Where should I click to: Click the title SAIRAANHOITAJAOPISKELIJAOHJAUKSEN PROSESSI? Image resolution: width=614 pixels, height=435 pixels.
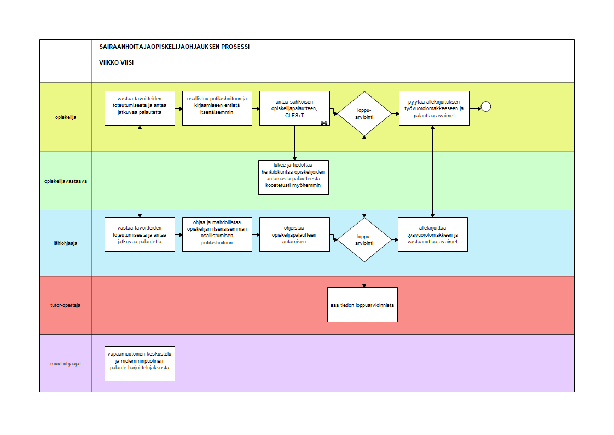tap(174, 47)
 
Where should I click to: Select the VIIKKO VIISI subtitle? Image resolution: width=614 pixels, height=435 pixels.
tap(117, 62)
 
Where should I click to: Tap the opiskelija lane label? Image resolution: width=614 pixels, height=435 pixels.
tap(65, 117)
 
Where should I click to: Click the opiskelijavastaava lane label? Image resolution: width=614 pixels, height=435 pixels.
tap(65, 181)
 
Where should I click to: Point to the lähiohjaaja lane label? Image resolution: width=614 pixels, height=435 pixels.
tap(65, 243)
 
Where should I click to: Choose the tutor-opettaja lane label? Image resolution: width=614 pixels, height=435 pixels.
tap(65, 305)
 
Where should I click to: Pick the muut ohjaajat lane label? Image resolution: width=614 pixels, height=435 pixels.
tap(65, 364)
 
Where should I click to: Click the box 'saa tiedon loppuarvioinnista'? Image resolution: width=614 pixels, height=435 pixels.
tap(362, 305)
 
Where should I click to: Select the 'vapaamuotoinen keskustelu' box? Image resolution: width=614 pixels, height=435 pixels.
tap(140, 364)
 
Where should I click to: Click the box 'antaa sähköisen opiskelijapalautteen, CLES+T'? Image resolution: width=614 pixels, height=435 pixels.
tap(294, 108)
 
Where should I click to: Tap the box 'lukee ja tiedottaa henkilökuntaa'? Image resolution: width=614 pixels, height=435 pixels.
tap(293, 178)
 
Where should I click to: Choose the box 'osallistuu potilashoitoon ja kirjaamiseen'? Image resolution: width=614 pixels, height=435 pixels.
tap(217, 108)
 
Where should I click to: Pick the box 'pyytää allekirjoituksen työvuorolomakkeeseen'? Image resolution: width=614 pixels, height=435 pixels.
tap(434, 108)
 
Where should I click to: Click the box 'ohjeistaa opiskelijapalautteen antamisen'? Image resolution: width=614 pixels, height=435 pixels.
tap(294, 234)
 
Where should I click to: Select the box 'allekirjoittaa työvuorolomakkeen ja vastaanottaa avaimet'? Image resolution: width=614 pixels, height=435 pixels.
tap(433, 234)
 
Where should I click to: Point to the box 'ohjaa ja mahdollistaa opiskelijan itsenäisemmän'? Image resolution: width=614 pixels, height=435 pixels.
tap(217, 234)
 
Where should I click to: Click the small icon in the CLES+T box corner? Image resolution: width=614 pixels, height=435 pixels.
tap(324, 123)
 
